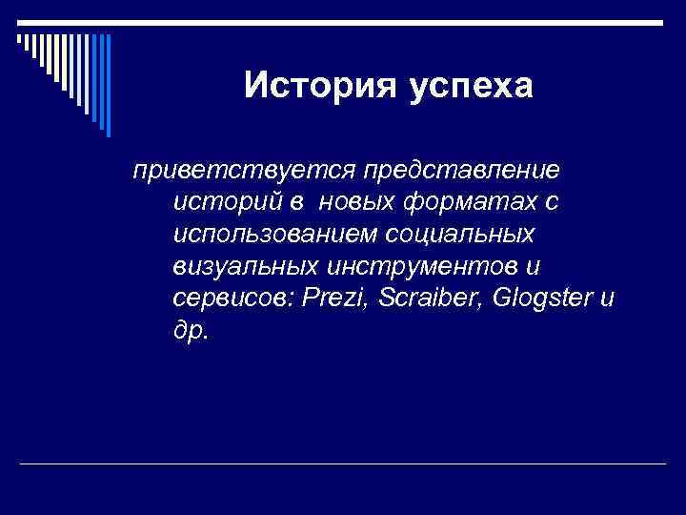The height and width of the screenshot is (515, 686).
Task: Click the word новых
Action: (356, 203)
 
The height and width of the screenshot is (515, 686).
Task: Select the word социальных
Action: (466, 234)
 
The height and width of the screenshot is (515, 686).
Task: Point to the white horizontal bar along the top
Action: (343, 23)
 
